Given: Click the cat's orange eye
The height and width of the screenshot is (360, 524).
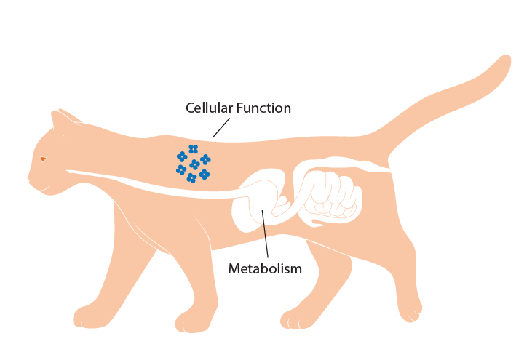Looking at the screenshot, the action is coord(43,159).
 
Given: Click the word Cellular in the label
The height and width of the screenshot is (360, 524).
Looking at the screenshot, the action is coord(209,108).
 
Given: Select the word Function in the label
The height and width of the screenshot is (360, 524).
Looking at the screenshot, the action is coord(263,108).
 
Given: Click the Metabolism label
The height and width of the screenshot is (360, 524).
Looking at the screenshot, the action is coord(265,268).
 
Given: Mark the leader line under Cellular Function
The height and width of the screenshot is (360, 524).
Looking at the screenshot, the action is coord(221,127).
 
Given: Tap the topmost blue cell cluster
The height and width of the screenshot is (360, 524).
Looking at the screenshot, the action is coord(193,149).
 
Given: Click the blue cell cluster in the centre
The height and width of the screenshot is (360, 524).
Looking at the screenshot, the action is coord(194,164).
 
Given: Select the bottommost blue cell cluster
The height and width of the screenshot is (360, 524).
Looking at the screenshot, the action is coord(191,178).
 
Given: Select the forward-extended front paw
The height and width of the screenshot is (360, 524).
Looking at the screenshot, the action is coord(89,316).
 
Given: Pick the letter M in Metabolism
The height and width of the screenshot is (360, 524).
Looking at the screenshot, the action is coord(234,268).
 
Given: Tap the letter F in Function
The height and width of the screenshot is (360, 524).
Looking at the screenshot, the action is coord(239,108).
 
